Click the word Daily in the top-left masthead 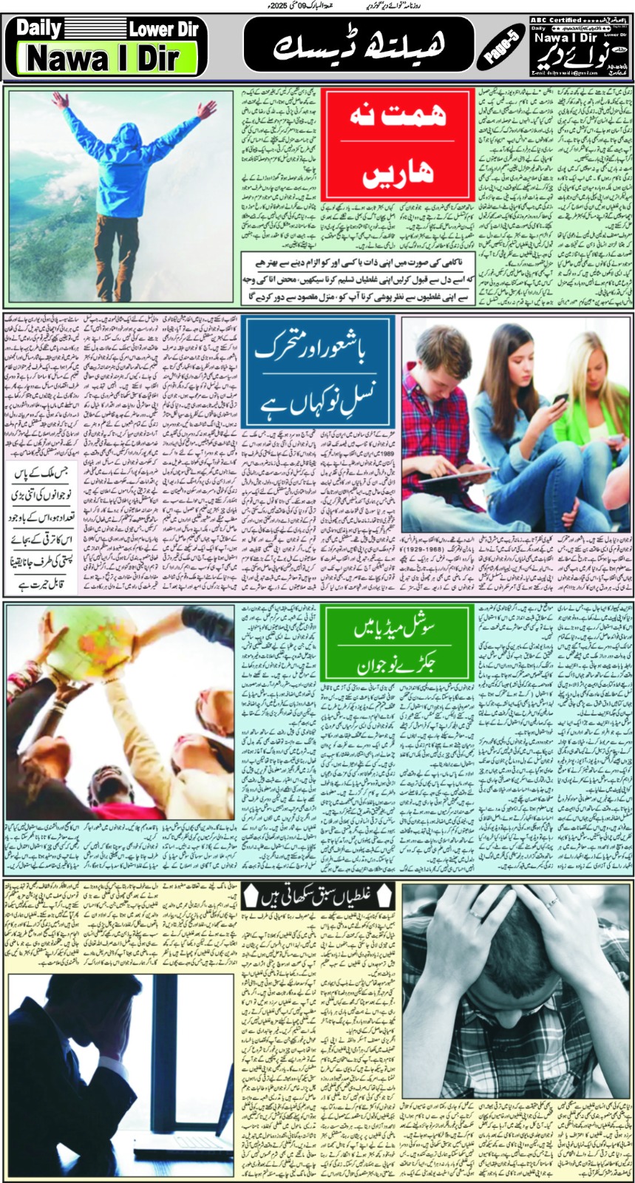click(44, 29)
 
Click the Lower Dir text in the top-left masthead click(162, 30)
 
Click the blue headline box click(317, 372)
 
